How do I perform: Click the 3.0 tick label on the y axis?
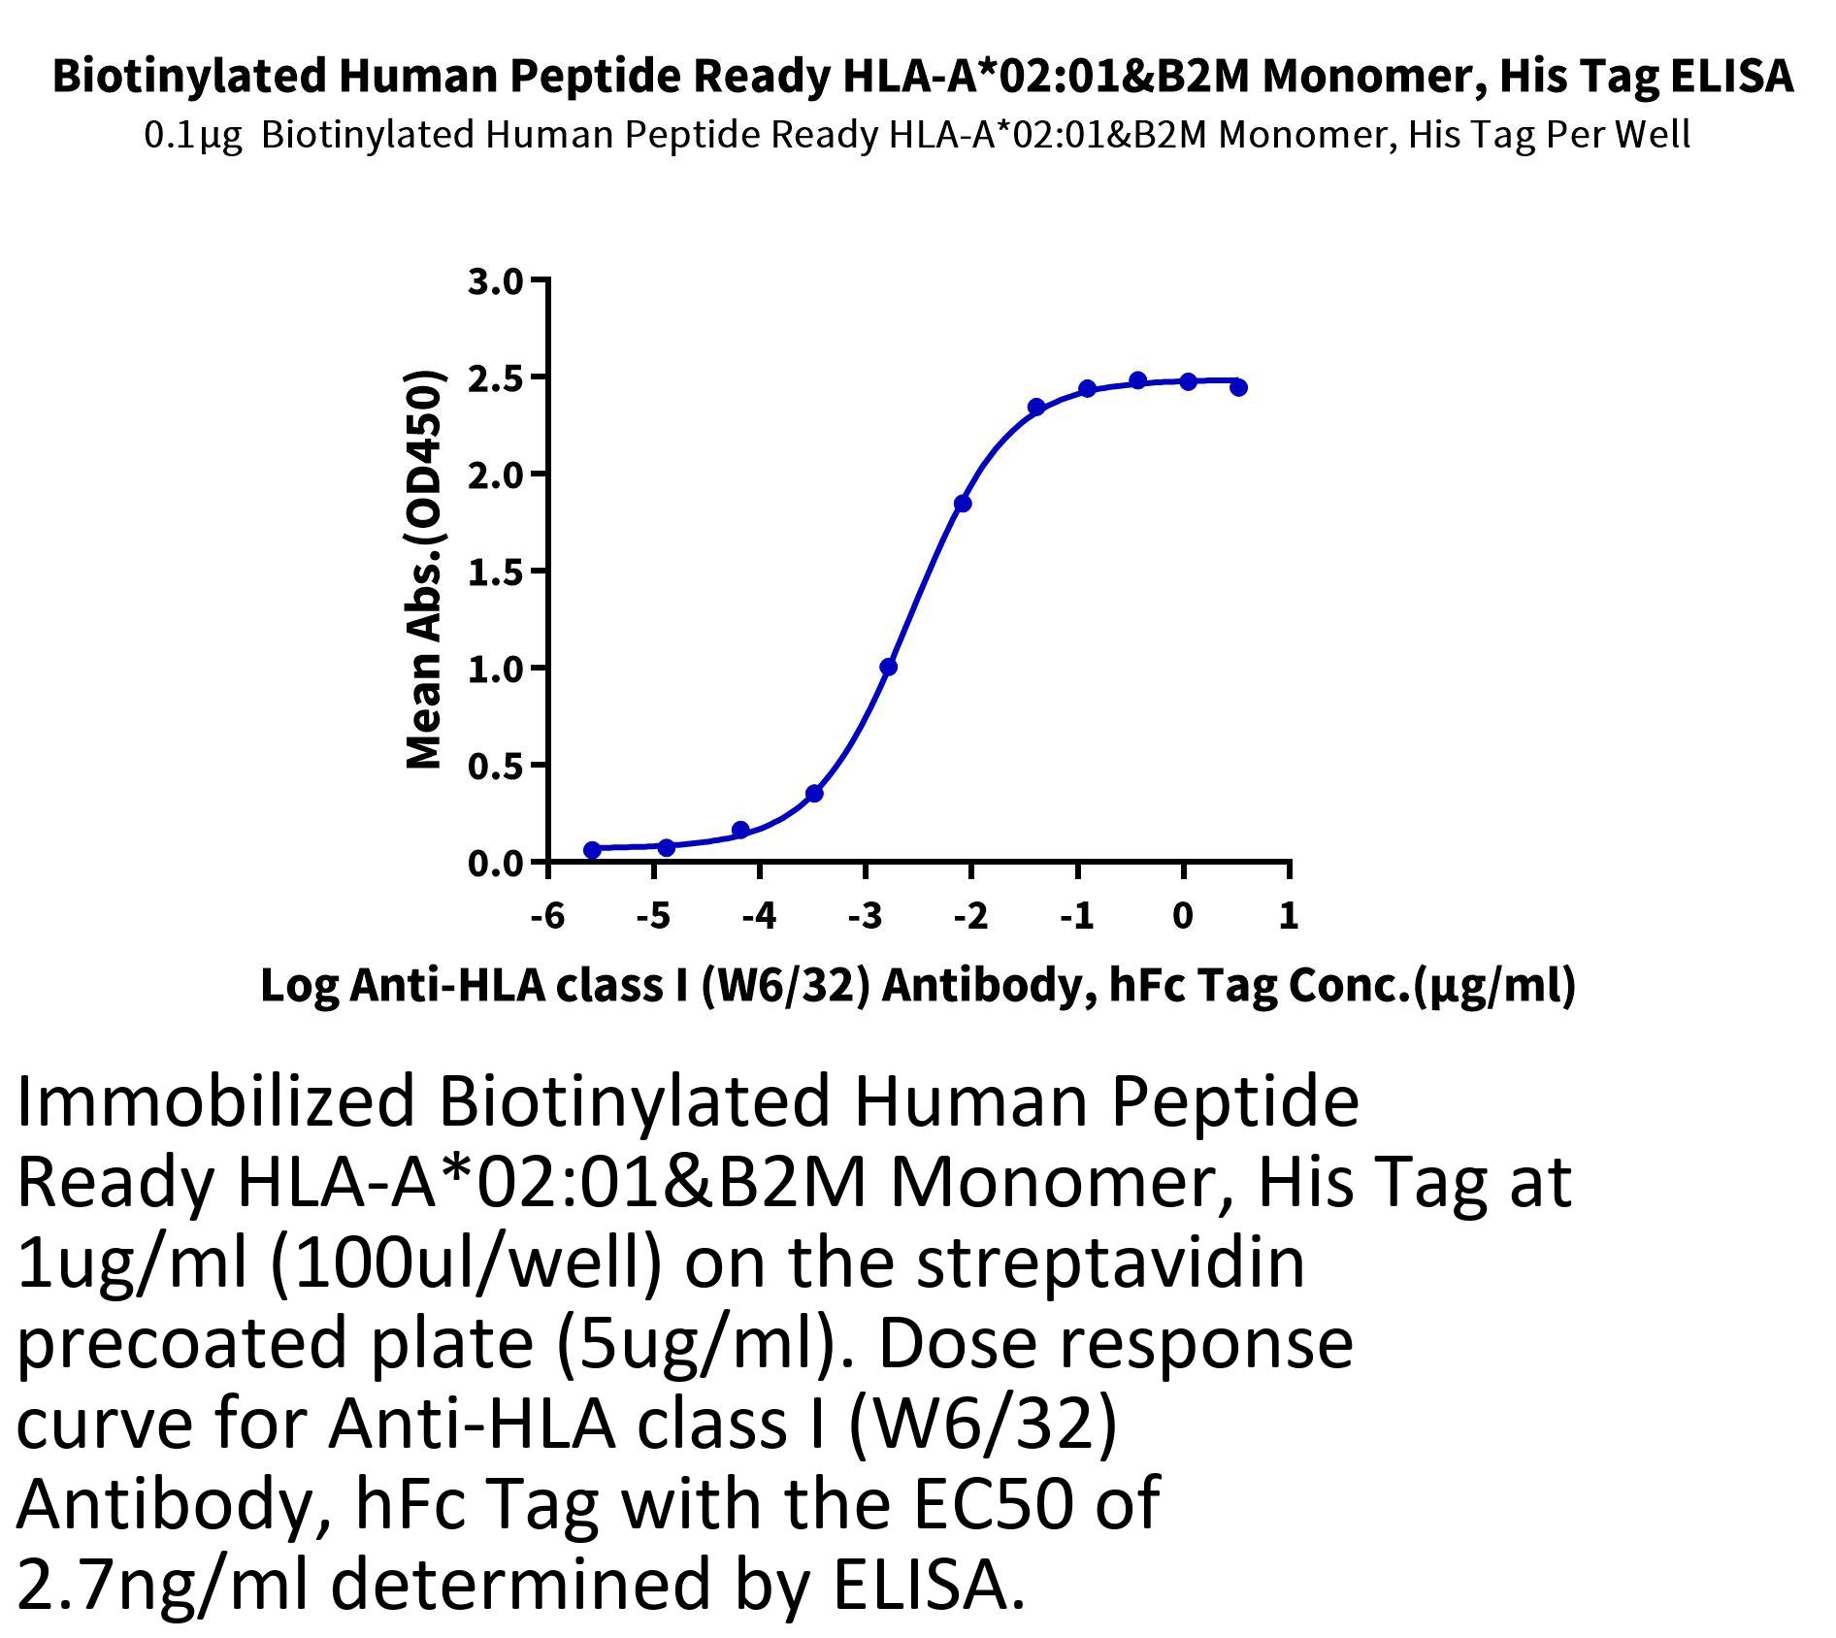click(x=495, y=281)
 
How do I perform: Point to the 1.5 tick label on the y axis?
click(x=495, y=573)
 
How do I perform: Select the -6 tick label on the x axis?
click(x=548, y=914)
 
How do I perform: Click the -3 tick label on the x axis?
click(x=865, y=914)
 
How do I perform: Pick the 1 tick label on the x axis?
click(x=1289, y=914)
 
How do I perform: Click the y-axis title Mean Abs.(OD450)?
click(x=424, y=571)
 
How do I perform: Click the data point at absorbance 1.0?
click(x=888, y=667)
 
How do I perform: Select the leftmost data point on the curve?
click(x=592, y=850)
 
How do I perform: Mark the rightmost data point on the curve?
click(x=1238, y=387)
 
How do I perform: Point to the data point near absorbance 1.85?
click(x=963, y=504)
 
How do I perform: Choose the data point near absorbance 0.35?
click(x=814, y=794)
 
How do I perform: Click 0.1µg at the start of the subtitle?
click(x=193, y=135)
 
